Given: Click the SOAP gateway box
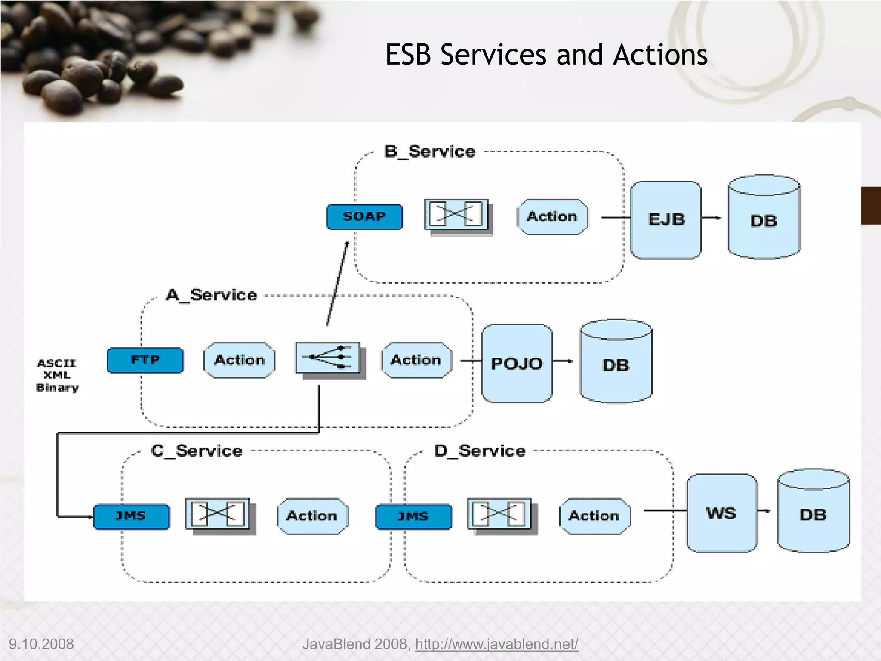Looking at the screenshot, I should click(364, 217).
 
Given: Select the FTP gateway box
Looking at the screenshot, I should click(145, 360).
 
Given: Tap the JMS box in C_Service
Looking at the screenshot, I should click(131, 516).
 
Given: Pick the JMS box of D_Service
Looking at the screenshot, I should click(413, 516).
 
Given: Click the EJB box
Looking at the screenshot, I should click(666, 220).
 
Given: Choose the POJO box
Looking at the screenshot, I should click(517, 364).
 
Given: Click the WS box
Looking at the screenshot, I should click(721, 513).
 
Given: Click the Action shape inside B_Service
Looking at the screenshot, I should click(552, 217).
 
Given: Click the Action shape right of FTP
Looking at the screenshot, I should click(239, 360).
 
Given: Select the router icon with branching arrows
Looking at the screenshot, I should click(328, 358).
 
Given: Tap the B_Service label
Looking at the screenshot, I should click(429, 151).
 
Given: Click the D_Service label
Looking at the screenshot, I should click(480, 451).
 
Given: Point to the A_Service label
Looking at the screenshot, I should click(211, 295).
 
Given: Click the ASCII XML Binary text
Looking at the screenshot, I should click(57, 375).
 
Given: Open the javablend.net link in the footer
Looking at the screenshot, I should click(496, 644).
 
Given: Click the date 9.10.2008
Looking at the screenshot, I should click(41, 644).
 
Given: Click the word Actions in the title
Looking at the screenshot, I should click(660, 55).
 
